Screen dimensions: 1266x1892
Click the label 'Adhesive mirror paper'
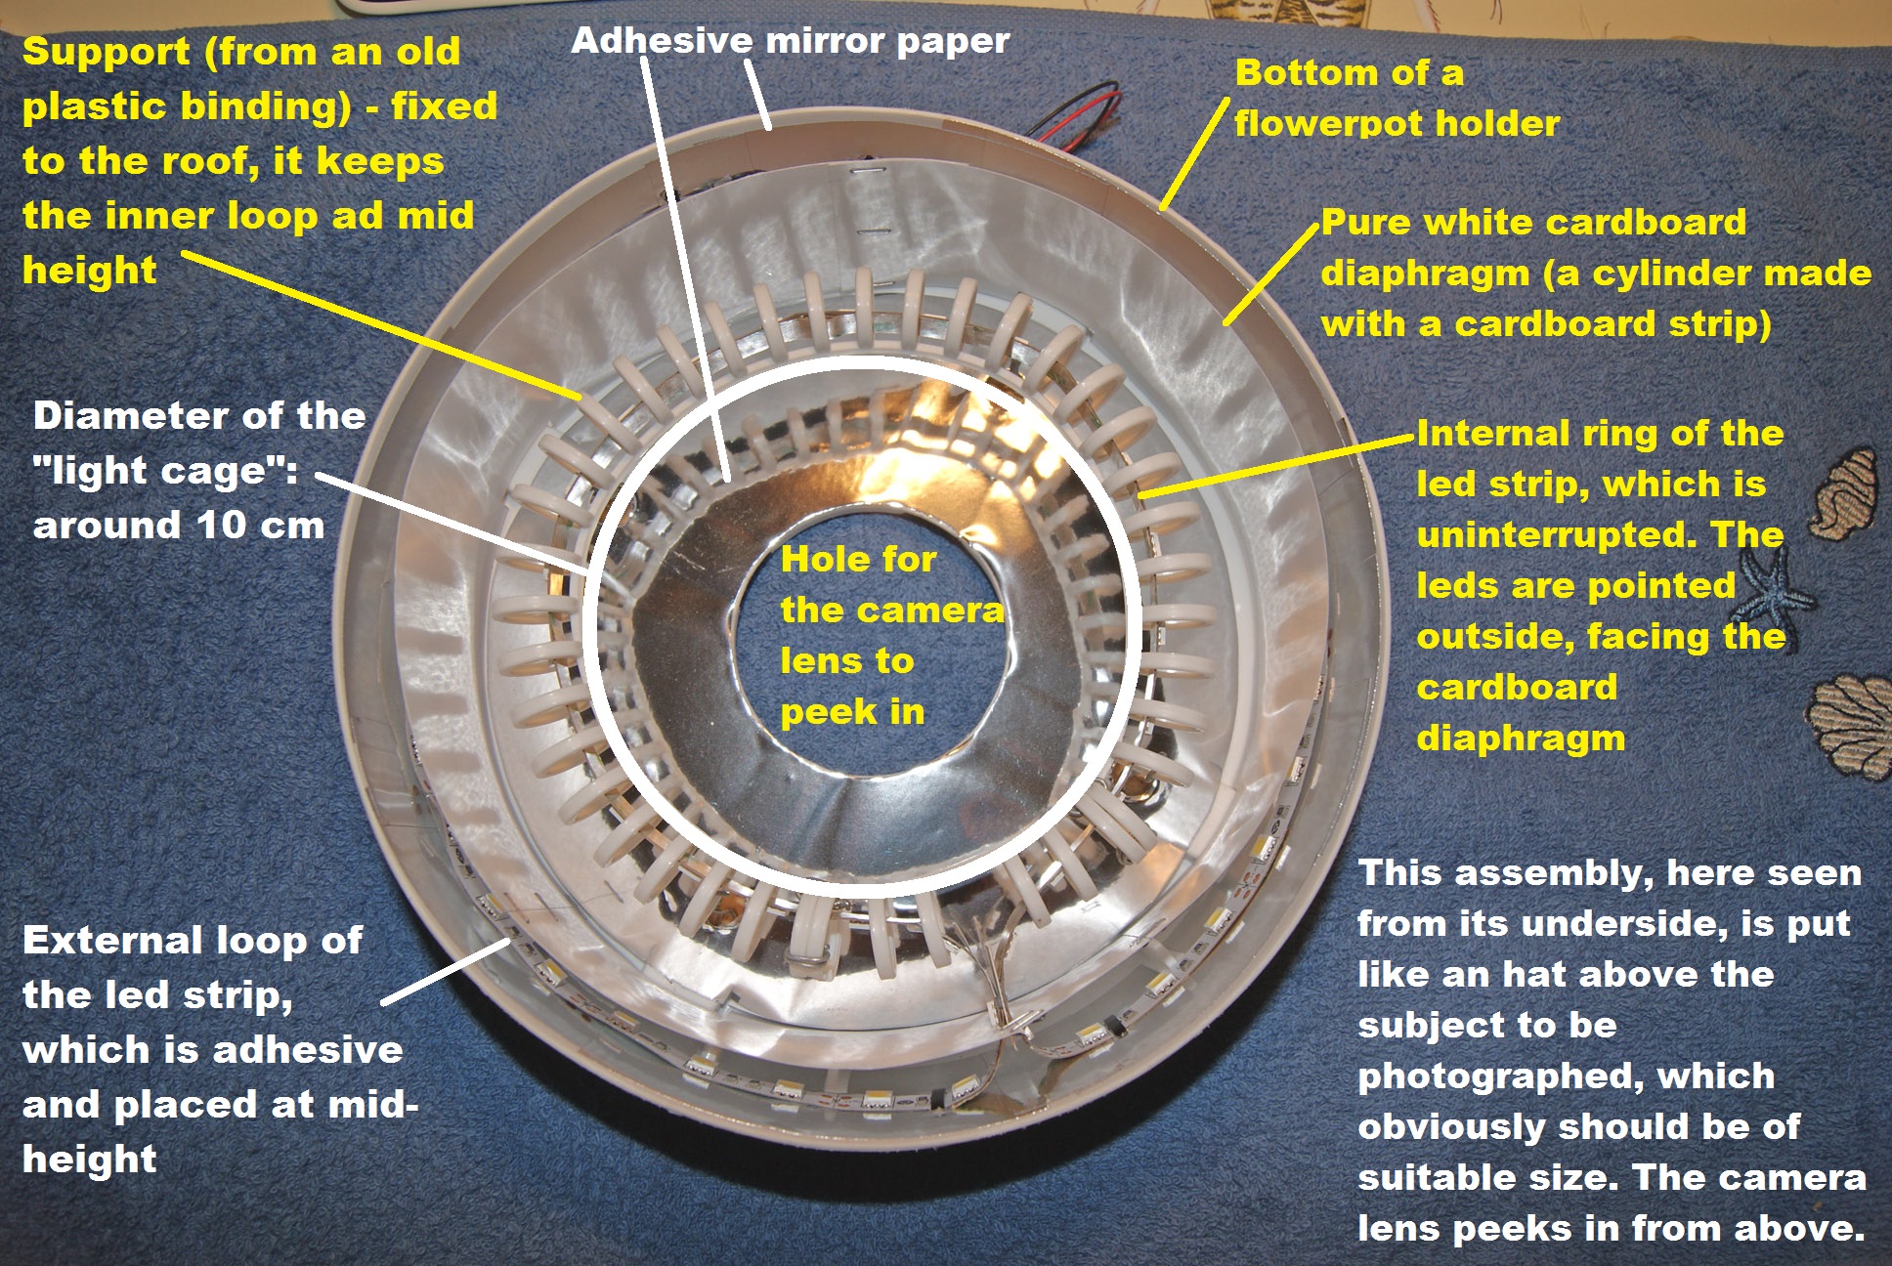(x=790, y=41)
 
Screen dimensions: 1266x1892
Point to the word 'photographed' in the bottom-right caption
(x=1490, y=1076)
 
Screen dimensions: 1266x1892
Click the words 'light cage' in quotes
(x=161, y=471)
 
